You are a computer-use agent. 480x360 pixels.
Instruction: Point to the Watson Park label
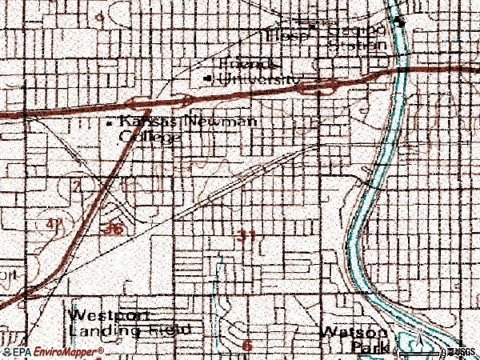tap(354, 339)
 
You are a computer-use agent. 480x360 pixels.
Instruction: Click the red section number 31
tap(246, 236)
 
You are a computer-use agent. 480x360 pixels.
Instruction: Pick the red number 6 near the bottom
tap(246, 345)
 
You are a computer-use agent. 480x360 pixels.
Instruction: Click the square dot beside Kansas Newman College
tap(110, 123)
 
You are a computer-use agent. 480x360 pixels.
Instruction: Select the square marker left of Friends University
tap(210, 78)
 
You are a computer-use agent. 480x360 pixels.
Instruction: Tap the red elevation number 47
tap(54, 226)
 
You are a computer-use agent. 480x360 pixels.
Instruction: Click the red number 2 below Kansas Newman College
tap(77, 186)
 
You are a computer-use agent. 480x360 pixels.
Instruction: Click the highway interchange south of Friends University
tap(186, 100)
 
